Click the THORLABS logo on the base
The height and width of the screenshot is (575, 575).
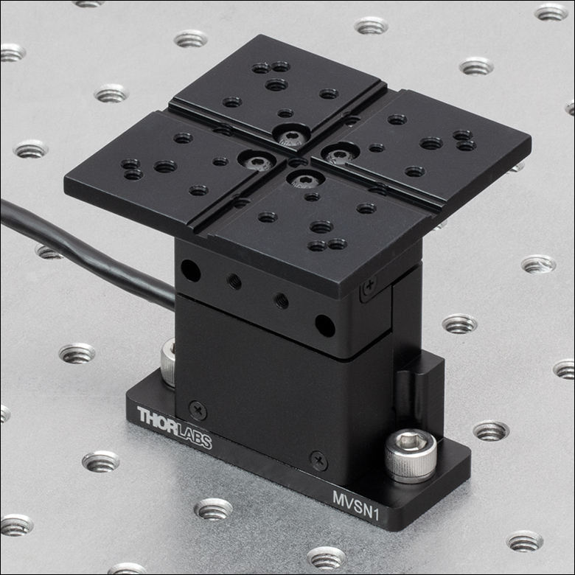click(x=174, y=428)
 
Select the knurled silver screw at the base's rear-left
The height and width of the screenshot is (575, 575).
click(x=168, y=361)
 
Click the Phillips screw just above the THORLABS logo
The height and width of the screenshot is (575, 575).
click(x=198, y=410)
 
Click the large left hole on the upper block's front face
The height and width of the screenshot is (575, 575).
click(x=190, y=271)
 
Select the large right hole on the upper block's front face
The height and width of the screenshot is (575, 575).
click(x=324, y=324)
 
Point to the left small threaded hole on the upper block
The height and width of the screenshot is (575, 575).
click(x=234, y=281)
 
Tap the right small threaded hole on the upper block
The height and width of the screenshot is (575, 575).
click(x=282, y=300)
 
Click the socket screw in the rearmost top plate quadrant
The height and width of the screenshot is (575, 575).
click(x=293, y=136)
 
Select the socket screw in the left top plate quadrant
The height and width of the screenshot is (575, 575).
click(x=258, y=161)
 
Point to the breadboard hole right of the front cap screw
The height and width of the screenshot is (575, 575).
click(x=491, y=431)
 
